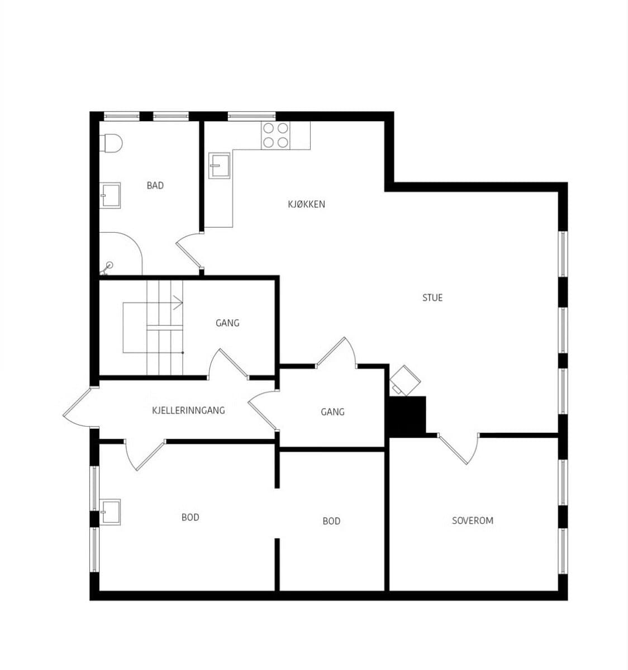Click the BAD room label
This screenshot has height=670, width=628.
[x=155, y=185]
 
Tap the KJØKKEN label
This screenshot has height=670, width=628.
[x=306, y=204]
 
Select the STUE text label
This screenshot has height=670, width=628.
[x=432, y=298]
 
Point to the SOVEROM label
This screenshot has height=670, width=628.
[x=472, y=520]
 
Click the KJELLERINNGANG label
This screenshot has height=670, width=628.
[x=188, y=410]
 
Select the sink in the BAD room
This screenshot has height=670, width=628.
[x=110, y=195]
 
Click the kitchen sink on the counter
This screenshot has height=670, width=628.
[x=219, y=165]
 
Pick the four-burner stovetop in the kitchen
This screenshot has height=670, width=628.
[x=275, y=136]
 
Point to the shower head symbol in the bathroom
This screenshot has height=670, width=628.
[x=107, y=267]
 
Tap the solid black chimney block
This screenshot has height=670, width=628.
[x=407, y=417]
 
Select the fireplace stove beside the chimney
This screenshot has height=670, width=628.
[x=405, y=380]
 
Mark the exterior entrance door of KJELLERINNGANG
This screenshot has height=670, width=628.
[x=78, y=407]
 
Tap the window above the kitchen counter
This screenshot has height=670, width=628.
[x=251, y=116]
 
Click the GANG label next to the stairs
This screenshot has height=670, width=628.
[x=227, y=323]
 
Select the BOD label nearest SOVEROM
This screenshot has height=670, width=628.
[x=331, y=521]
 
